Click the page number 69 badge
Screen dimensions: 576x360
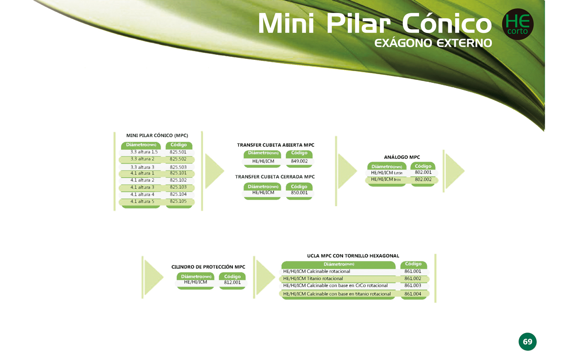[527, 342]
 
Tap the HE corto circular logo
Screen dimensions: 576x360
[517, 24]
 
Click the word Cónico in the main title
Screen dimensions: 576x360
[447, 23]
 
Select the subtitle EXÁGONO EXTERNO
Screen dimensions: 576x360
[433, 43]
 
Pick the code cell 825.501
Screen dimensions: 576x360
[178, 152]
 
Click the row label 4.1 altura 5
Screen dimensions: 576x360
[142, 201]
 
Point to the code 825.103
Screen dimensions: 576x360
[178, 187]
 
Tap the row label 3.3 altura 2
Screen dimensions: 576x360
[142, 159]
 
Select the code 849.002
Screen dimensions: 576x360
[299, 161]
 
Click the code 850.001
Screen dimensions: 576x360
[299, 193]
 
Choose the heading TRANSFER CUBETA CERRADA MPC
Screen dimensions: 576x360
[275, 177]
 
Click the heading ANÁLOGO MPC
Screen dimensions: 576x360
[402, 157]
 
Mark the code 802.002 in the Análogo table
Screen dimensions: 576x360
[423, 180]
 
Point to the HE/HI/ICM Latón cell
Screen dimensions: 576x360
[387, 173]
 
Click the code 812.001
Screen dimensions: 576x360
[233, 282]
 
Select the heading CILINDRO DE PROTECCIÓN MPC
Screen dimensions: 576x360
[208, 267]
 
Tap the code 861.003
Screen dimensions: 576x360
[413, 285]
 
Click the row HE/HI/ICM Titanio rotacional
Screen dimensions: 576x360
[313, 279]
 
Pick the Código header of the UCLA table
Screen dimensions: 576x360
[414, 264]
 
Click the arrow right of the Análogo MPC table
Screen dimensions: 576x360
[454, 171]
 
